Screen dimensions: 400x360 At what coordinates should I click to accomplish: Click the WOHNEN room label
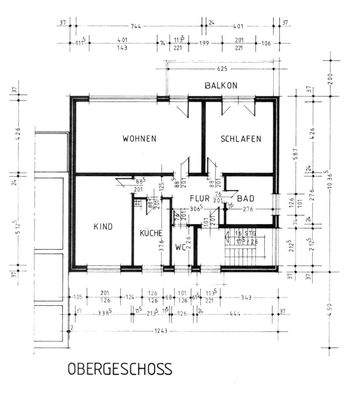[139, 139]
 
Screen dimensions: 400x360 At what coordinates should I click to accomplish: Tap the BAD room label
[246, 198]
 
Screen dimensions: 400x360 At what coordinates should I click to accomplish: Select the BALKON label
[220, 86]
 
